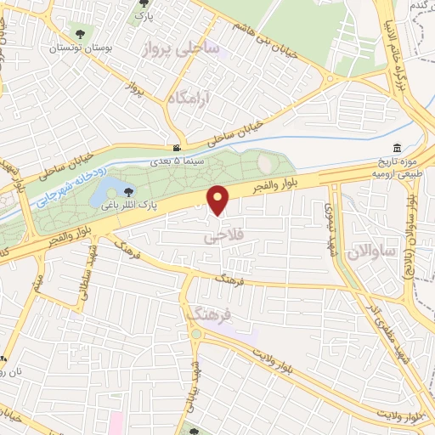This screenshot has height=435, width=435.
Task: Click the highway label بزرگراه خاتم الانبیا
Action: [x=404, y=56]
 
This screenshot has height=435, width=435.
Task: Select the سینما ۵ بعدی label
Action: [x=176, y=159]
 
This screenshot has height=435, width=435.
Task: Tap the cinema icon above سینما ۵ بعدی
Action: [x=176, y=148]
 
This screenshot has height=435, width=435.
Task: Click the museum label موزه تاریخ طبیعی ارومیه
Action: [x=397, y=167]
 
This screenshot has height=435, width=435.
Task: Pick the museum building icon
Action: [x=397, y=147]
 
